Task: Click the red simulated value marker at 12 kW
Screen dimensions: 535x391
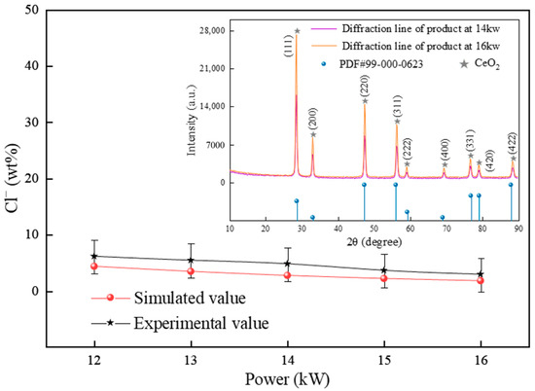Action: [x=94, y=267]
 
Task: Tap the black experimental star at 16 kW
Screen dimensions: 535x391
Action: [x=481, y=274]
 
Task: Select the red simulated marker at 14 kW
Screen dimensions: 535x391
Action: [x=288, y=275]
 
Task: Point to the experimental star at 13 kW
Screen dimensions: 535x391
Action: [x=191, y=260]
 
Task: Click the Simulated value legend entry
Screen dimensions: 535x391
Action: [x=168, y=298]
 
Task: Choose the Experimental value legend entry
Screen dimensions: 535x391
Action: [x=180, y=323]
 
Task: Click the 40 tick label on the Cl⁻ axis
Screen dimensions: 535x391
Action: [x=33, y=66]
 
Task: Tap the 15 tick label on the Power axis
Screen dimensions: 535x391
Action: [x=384, y=360]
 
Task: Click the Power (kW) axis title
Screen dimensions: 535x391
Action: [x=287, y=379]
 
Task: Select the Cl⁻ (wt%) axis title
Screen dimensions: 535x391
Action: [x=13, y=178]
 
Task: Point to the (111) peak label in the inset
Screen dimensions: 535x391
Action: [x=288, y=46]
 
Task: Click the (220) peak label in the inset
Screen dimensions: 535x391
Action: [x=365, y=87]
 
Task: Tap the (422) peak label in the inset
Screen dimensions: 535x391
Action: [x=513, y=144]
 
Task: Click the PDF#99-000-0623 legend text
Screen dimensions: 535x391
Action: [x=381, y=64]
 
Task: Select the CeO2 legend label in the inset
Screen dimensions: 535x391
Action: [x=487, y=64]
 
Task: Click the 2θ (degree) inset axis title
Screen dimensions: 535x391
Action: [x=374, y=242]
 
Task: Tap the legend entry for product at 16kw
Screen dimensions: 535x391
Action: [x=421, y=46]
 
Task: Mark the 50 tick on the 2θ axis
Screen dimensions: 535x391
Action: [x=374, y=229]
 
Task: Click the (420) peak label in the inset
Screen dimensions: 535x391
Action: [x=489, y=160]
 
